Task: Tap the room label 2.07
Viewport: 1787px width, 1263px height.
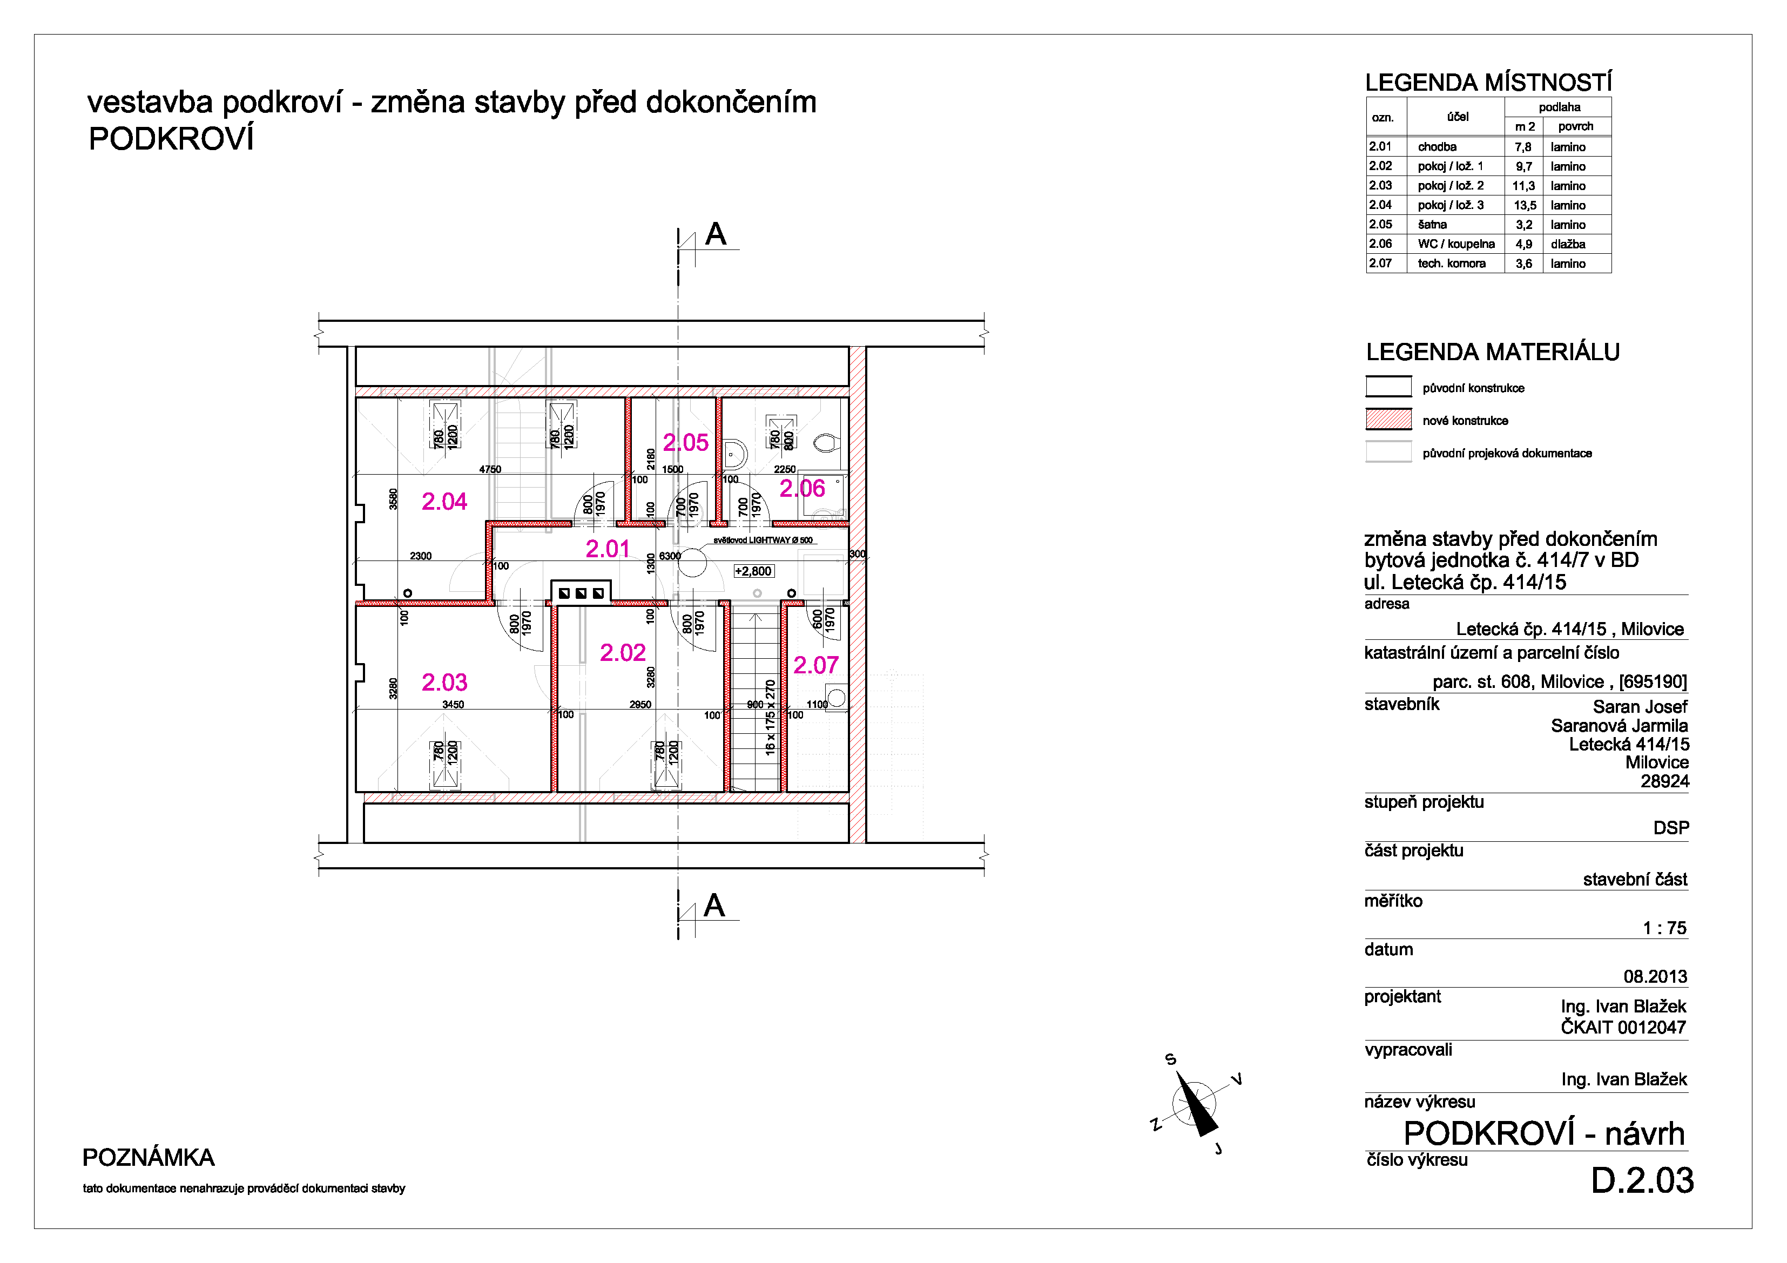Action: click(x=815, y=665)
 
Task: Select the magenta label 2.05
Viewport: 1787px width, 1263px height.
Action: click(x=686, y=443)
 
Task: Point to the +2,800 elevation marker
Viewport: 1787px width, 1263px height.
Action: click(x=753, y=571)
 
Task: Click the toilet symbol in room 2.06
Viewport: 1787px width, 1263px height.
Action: click(x=827, y=443)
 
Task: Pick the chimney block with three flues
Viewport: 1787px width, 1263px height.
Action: click(x=581, y=593)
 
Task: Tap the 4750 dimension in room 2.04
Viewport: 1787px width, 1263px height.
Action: click(x=490, y=469)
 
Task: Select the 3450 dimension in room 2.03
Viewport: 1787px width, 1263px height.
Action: click(x=453, y=704)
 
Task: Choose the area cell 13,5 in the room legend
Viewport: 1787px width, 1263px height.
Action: click(x=1525, y=205)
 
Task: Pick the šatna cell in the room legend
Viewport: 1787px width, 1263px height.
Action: click(x=1432, y=225)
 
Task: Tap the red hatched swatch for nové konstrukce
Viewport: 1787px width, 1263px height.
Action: click(x=1388, y=420)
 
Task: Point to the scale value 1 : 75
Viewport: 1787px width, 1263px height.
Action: click(x=1664, y=928)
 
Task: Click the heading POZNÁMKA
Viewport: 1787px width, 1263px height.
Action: click(x=149, y=1158)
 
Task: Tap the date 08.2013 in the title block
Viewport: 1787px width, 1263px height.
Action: click(x=1655, y=977)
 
